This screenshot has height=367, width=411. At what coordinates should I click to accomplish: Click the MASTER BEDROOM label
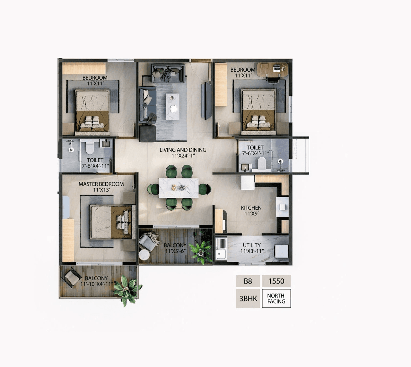(x=101, y=184)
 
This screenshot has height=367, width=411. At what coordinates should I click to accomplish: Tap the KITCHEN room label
(x=251, y=208)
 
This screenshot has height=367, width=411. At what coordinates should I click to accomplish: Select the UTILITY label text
(x=252, y=245)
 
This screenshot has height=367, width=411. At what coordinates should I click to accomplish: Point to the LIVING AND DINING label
(x=183, y=150)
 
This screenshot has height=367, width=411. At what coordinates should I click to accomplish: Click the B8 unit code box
(x=248, y=281)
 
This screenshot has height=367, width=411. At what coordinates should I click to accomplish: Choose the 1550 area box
(x=276, y=281)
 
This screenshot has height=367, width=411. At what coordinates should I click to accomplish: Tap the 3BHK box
(x=248, y=299)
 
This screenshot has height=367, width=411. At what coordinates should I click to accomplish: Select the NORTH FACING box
(x=276, y=299)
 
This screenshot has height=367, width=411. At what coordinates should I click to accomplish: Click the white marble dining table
(x=179, y=188)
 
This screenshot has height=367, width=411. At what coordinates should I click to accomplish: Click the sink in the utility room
(x=221, y=248)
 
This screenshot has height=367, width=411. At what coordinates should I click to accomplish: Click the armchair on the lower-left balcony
(x=73, y=278)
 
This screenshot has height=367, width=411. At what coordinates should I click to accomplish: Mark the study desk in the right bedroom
(x=273, y=70)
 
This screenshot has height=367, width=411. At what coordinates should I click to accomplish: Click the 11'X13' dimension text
(x=101, y=190)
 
